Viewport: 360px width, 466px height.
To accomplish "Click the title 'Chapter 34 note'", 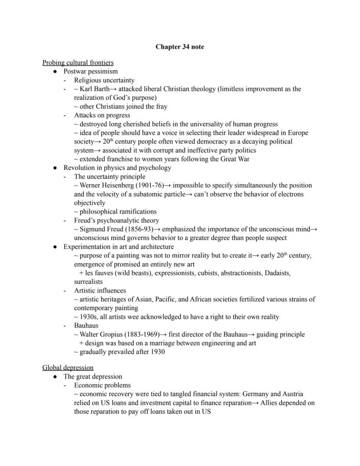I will [180, 47].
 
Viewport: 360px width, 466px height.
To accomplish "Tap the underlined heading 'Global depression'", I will [68, 368].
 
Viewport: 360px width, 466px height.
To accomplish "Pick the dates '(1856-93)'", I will [138, 229].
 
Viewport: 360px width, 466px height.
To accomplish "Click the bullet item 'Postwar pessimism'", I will [90, 71].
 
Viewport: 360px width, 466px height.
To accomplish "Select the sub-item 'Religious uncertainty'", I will [104, 80].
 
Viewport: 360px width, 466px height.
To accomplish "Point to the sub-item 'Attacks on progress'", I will [102, 115].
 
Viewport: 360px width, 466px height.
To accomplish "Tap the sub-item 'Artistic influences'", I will [100, 291].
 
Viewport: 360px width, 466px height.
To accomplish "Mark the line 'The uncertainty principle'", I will [110, 177].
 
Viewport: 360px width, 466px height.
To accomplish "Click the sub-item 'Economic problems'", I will [102, 385].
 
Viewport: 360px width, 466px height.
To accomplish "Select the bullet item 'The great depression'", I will [93, 376].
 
